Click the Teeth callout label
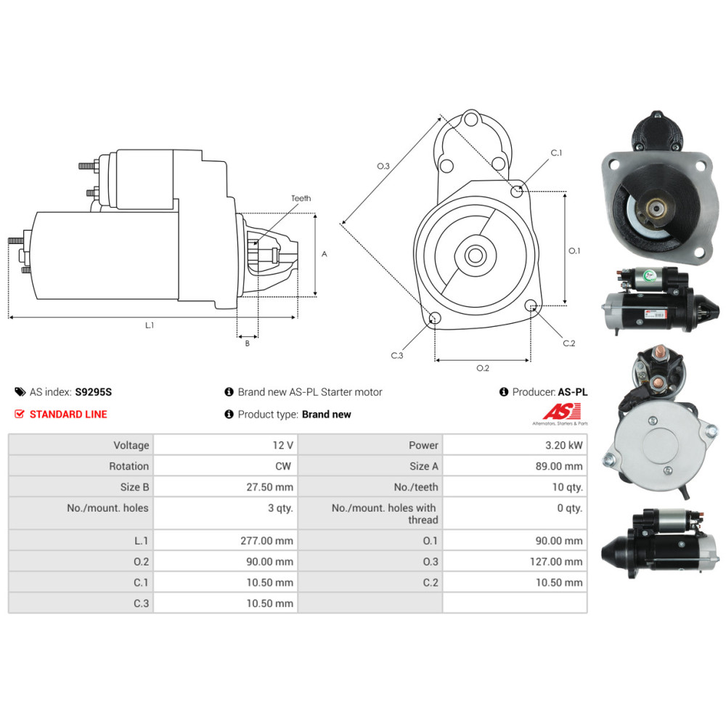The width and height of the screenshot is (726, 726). (301, 198)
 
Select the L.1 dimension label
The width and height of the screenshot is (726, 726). (150, 325)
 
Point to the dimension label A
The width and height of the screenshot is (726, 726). (325, 254)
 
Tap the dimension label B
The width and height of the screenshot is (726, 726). (247, 343)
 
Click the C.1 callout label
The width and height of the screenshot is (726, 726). (557, 153)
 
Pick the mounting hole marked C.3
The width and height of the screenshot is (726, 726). (435, 318)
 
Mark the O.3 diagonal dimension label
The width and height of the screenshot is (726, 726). (383, 166)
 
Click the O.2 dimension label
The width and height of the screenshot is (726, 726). (483, 368)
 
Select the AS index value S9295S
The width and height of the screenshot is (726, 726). (94, 392)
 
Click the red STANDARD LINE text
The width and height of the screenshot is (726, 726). (68, 415)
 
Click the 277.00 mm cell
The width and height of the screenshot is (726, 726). (269, 540)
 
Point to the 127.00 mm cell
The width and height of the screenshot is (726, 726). (558, 561)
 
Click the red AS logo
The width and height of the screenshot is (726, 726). (556, 410)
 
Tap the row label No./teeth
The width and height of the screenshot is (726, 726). (416, 487)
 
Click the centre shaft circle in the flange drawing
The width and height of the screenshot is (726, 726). (476, 256)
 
